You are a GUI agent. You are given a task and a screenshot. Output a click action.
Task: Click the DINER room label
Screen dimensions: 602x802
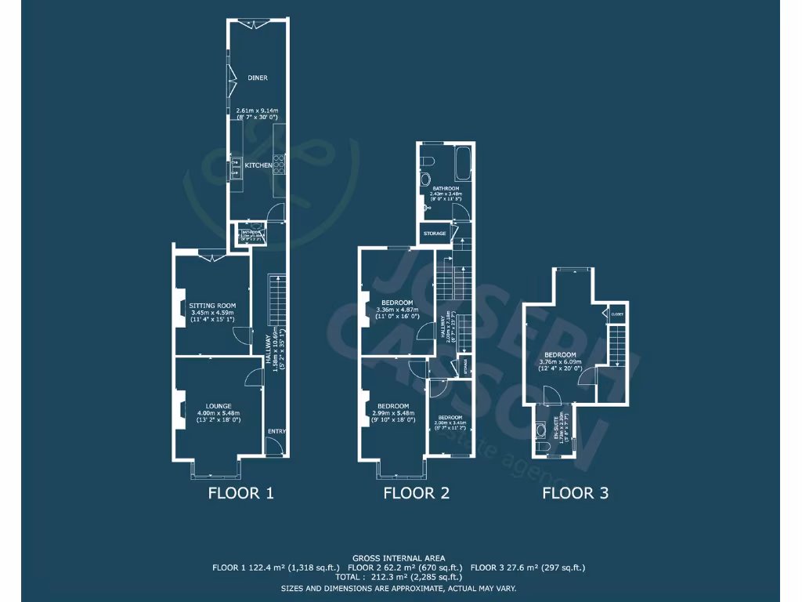(x=258, y=78)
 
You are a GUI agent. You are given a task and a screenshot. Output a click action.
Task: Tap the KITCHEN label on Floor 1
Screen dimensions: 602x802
(x=258, y=165)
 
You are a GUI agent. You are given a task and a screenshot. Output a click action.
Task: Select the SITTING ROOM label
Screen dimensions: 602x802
(x=213, y=306)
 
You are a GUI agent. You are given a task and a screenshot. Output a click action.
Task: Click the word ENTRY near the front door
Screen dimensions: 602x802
(x=276, y=431)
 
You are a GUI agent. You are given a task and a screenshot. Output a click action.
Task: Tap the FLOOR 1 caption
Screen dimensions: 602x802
(x=240, y=493)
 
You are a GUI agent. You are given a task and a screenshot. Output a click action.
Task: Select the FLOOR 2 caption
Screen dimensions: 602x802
(x=416, y=493)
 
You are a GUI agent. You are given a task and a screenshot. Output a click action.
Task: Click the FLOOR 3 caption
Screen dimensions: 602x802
(x=576, y=493)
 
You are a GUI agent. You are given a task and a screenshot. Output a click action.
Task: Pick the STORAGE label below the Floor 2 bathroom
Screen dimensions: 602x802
(x=435, y=234)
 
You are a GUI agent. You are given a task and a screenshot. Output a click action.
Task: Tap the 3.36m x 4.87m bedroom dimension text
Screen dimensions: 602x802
(x=397, y=310)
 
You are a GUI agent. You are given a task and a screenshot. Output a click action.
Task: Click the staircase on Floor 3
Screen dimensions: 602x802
(x=619, y=346)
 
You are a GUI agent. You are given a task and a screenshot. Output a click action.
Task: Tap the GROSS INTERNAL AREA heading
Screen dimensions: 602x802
(x=399, y=557)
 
